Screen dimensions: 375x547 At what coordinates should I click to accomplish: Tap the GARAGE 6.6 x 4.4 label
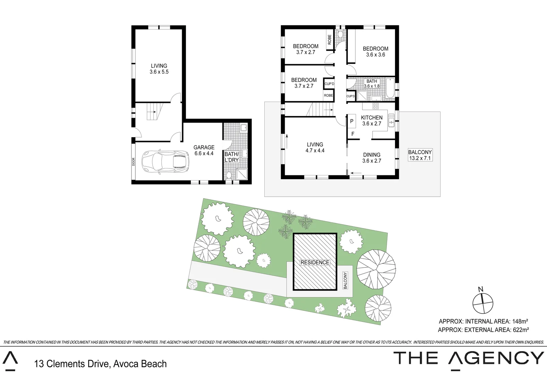coord(204,150)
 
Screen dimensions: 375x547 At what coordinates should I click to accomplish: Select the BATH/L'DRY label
coord(231,157)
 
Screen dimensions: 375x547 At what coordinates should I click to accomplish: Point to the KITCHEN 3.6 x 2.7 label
coord(371,120)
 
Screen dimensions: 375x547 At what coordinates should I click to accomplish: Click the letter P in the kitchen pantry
coord(352,121)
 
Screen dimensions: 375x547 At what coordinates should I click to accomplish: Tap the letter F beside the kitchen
coord(353,134)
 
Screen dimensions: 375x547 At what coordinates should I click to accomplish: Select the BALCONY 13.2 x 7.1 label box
coord(420,155)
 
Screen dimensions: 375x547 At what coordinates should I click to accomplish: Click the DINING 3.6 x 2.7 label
coord(371,158)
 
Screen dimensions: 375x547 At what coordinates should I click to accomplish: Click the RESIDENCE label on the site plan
coord(315,262)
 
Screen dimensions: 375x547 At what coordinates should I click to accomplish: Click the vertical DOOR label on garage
coord(133,162)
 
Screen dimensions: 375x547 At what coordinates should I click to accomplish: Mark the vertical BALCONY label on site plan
coord(345,281)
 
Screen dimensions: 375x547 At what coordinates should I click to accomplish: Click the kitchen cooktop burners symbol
coord(375,106)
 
